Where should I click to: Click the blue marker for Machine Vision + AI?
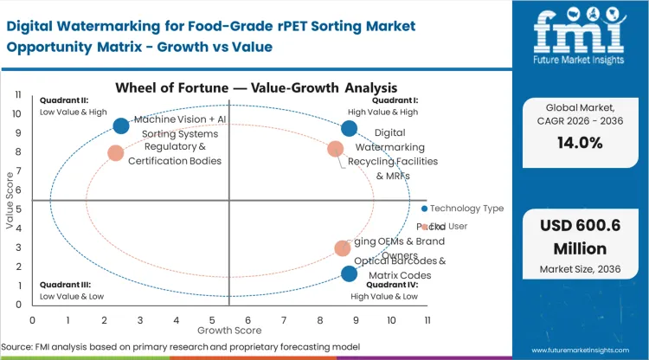tap(121, 126)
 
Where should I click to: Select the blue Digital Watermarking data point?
tap(349, 129)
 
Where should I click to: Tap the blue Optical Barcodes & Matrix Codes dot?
tap(349, 273)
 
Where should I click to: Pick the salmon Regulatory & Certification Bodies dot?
tap(116, 153)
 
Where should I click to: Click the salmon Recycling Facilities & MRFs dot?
tap(336, 149)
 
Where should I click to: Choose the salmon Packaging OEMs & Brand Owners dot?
tap(343, 248)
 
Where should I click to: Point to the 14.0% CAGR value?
tap(578, 144)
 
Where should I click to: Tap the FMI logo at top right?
tap(578, 39)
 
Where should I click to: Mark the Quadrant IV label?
tap(392, 285)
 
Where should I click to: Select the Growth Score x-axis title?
tap(229, 330)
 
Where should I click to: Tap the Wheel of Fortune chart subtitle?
tap(257, 88)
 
